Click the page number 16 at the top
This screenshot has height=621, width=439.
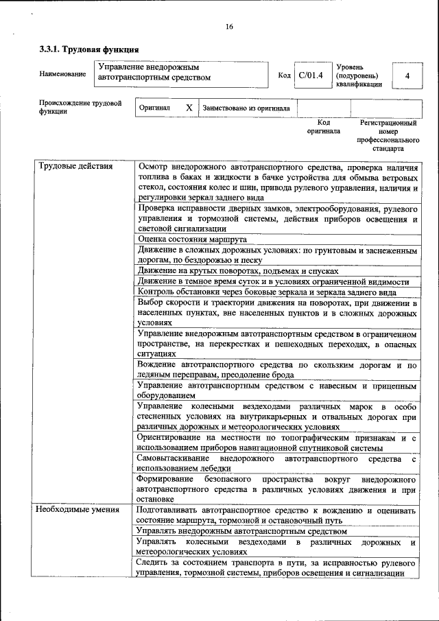pos(228,27)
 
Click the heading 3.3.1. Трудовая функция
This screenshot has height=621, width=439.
pos(88,49)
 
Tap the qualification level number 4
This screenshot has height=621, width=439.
pos(407,75)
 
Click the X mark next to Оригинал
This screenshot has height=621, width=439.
pos(189,108)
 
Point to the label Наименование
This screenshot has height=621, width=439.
pos(62,73)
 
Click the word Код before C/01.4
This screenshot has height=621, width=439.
pos(284,75)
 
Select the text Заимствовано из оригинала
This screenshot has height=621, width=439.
pos(246,108)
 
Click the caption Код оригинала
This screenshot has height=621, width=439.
pos(323,126)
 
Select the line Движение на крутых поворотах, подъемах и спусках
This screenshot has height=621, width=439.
pos(237,271)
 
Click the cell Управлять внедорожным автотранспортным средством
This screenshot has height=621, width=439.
pos(242,531)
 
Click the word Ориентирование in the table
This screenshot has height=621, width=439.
pos(173,437)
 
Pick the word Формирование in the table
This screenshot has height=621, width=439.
pos(165,478)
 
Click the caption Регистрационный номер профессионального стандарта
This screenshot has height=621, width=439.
pos(388,135)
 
